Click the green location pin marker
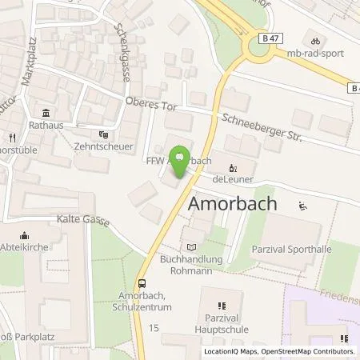182,158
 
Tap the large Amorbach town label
233,204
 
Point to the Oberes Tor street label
148,104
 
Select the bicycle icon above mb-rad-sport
315,42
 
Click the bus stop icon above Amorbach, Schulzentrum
142,282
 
